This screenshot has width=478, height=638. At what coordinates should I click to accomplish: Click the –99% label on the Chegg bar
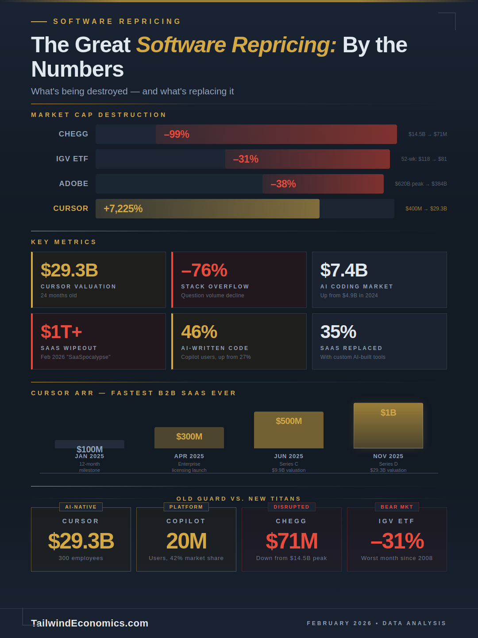(177, 134)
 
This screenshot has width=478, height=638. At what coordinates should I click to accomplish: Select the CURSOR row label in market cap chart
(71, 208)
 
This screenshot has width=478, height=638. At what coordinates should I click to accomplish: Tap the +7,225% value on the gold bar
(123, 209)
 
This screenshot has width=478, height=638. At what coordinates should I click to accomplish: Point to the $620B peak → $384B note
(420, 184)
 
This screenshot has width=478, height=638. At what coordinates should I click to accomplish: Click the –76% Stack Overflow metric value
(204, 270)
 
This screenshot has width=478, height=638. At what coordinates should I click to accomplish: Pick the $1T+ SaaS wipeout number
(61, 332)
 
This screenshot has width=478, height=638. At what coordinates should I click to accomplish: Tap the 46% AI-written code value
(199, 332)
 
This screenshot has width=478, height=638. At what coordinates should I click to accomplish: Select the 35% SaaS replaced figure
(338, 332)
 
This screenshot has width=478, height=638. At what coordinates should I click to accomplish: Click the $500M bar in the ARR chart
(289, 430)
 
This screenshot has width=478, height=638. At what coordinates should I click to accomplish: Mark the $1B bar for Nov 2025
(388, 425)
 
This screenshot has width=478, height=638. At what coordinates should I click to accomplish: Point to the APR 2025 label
(189, 456)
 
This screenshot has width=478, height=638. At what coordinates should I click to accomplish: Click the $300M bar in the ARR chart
(189, 437)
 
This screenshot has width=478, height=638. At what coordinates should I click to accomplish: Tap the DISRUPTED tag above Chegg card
(291, 507)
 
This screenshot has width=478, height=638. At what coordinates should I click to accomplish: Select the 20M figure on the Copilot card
(186, 541)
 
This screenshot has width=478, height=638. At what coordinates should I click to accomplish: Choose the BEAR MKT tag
(397, 507)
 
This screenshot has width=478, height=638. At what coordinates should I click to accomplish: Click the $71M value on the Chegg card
(292, 541)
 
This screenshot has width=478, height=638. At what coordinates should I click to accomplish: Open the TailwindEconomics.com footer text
(90, 623)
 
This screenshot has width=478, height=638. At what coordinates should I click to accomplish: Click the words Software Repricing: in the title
(236, 45)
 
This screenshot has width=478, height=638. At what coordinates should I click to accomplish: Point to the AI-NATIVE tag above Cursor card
(81, 507)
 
